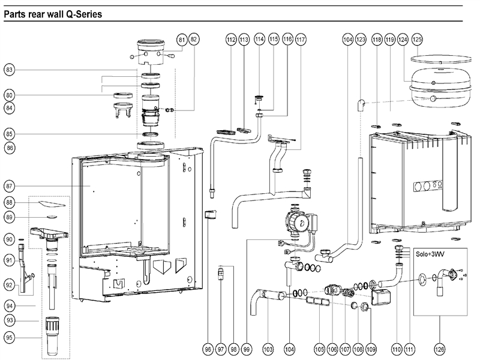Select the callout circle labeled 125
(416, 39)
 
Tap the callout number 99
(247, 349)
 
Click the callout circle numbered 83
(9, 70)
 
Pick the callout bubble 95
(9, 337)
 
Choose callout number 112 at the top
(231, 39)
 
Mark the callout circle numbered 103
(268, 349)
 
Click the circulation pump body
(296, 221)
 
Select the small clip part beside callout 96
(210, 215)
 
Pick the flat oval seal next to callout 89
(51, 217)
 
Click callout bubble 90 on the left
(9, 238)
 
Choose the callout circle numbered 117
(300, 39)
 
